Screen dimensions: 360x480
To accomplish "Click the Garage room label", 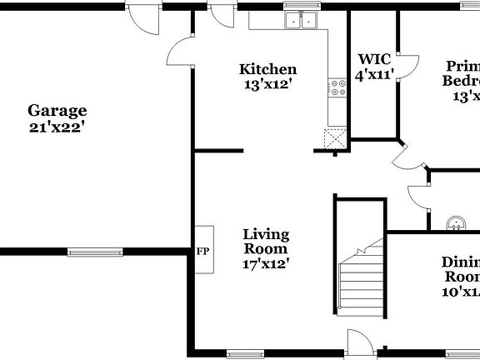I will pyautogui.click(x=57, y=110).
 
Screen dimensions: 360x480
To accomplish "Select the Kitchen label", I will pyautogui.click(x=267, y=69).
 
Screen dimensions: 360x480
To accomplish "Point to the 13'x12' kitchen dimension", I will pyautogui.click(x=267, y=84).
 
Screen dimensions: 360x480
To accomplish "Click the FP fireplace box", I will pyautogui.click(x=202, y=250).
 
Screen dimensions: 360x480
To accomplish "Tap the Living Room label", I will pyautogui.click(x=266, y=241).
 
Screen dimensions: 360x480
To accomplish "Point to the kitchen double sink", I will pyautogui.click(x=302, y=20).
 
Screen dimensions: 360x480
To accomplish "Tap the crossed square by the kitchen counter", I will pyautogui.click(x=336, y=138).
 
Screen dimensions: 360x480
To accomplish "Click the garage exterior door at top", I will pyautogui.click(x=143, y=18).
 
